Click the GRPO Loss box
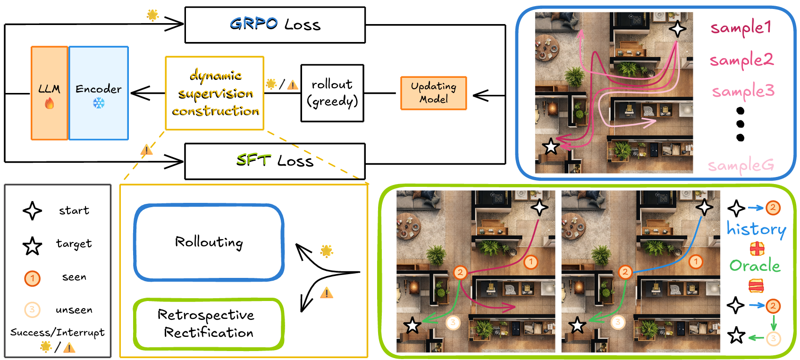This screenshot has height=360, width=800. (275, 25)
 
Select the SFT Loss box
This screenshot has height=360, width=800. (275, 161)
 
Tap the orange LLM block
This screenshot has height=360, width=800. (50, 93)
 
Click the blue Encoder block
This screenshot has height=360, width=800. (99, 93)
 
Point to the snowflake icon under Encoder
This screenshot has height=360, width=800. (99, 103)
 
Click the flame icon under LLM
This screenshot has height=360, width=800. (50, 103)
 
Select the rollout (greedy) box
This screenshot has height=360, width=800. (332, 93)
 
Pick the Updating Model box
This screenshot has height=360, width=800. (433, 93)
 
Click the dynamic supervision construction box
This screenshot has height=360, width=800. (215, 93)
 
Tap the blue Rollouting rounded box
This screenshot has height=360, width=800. (209, 243)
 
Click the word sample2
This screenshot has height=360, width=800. (741, 60)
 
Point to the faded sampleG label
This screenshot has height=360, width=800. (741, 166)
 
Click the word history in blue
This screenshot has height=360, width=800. (756, 229)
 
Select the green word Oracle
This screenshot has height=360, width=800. (755, 266)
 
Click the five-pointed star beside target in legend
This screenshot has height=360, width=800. (32, 246)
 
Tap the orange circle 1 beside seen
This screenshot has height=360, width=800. (32, 278)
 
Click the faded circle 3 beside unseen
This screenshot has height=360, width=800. (32, 310)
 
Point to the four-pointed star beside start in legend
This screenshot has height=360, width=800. (32, 211)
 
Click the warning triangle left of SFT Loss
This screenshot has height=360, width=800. (147, 151)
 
